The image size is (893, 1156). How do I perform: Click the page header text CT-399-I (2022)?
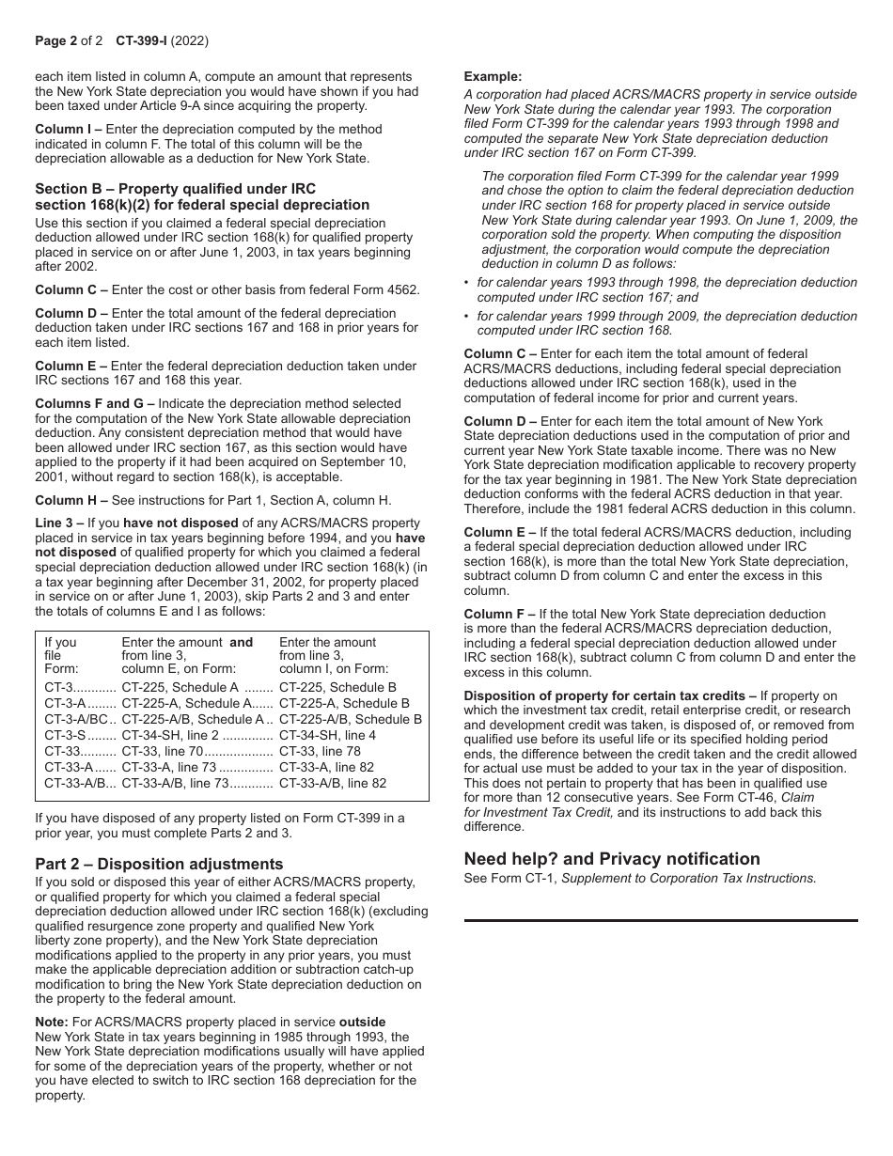pyautogui.click(x=162, y=41)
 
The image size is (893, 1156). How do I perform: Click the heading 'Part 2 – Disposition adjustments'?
pyautogui.click(x=159, y=864)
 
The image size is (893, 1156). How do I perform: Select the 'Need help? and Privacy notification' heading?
pyautogui.click(x=612, y=858)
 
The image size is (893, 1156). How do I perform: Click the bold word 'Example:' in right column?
pyautogui.click(x=493, y=77)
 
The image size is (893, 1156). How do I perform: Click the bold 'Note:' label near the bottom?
pyautogui.click(x=52, y=1022)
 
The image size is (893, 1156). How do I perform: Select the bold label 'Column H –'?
pyautogui.click(x=71, y=500)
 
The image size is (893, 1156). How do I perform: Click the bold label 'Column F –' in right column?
pyautogui.click(x=500, y=614)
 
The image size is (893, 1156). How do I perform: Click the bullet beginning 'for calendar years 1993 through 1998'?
pyautogui.click(x=666, y=283)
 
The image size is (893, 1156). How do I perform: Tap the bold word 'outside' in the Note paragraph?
pyautogui.click(x=362, y=1022)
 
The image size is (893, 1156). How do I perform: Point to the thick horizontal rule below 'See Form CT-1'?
pyautogui.click(x=661, y=920)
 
